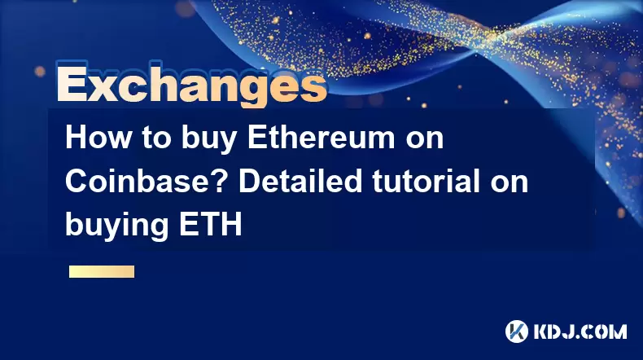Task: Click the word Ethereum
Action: (x=321, y=138)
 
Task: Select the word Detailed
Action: (x=300, y=182)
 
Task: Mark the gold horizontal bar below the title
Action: (x=102, y=272)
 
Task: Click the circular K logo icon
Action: (x=516, y=331)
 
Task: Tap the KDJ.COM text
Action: (x=580, y=331)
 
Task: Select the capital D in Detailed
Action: (x=249, y=182)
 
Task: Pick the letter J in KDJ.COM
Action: (x=568, y=331)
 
